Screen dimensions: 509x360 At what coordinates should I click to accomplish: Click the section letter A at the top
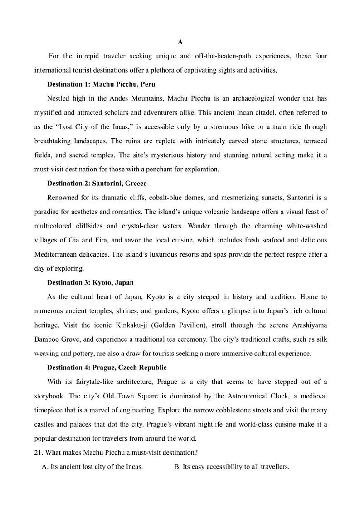tap(180, 42)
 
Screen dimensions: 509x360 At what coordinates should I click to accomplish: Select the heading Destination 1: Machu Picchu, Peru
tap(101, 84)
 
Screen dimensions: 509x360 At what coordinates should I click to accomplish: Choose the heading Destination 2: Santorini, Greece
tap(97, 184)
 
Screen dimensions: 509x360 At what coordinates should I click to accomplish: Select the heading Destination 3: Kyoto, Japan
tap(90, 282)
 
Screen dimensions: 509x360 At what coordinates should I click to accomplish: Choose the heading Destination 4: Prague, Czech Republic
tap(107, 368)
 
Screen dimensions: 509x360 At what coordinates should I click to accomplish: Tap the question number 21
tap(38, 452)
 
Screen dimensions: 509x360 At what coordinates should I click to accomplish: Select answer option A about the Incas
tap(92, 467)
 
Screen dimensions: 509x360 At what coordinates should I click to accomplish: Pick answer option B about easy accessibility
tap(231, 467)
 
